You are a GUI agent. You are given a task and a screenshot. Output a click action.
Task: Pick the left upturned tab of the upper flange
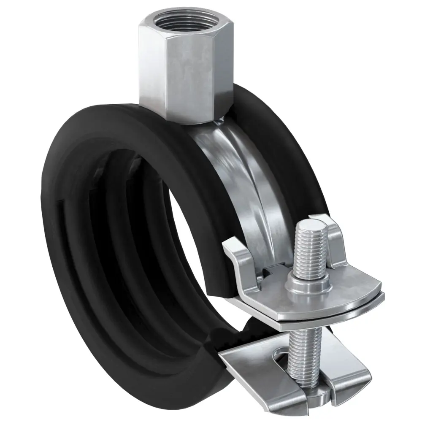[x=234, y=253]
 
